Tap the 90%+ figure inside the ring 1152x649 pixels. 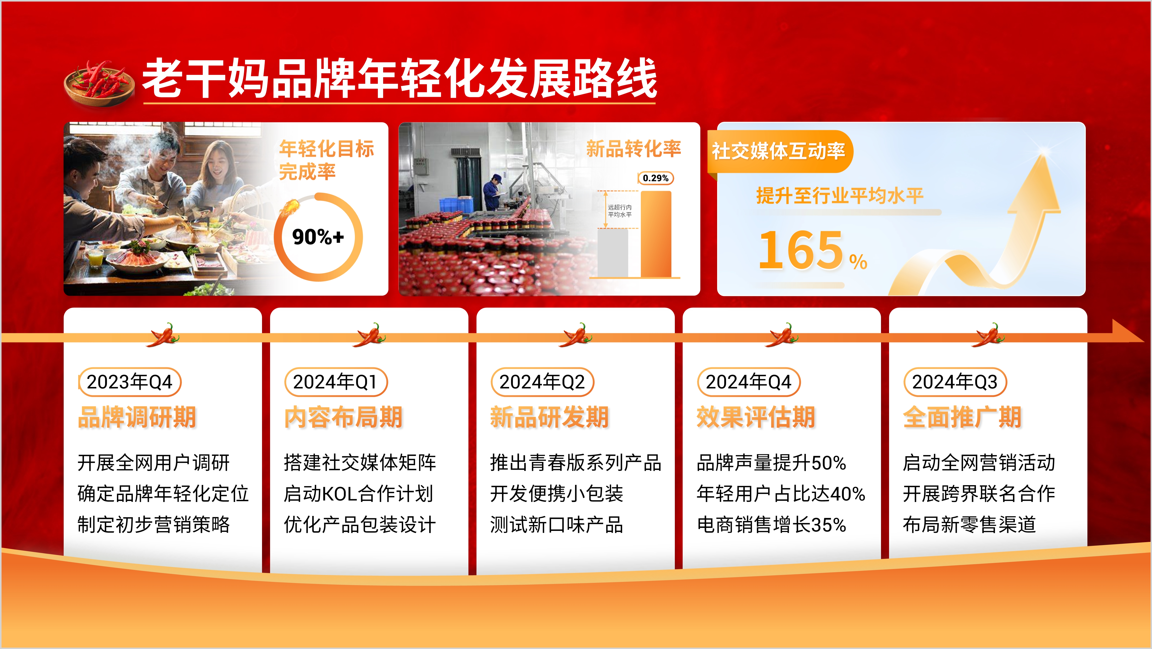pos(318,237)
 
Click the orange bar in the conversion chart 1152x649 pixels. pos(656,234)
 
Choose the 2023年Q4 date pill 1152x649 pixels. pos(130,382)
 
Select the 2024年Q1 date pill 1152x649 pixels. pos(336,382)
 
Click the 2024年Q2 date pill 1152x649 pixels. pos(542,382)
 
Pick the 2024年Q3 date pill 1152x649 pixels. pos(955,382)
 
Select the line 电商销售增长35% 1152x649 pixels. pos(771,525)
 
